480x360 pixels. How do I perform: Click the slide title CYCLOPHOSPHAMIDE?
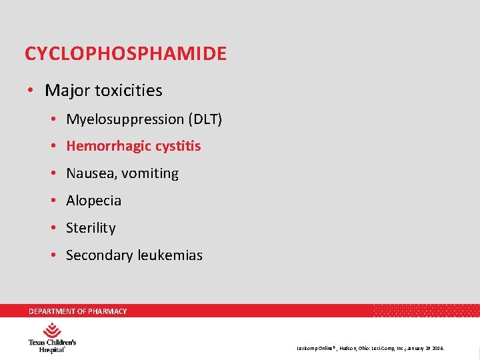pyautogui.click(x=125, y=53)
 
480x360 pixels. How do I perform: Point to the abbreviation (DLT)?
pyautogui.click(x=205, y=119)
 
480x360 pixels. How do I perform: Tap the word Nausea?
pyautogui.click(x=89, y=173)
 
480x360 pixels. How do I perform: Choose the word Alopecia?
pyautogui.click(x=93, y=201)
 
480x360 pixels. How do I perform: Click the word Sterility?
pyautogui.click(x=91, y=228)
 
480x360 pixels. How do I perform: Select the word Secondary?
pyautogui.click(x=99, y=255)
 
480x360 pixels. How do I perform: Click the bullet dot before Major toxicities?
pyautogui.click(x=31, y=90)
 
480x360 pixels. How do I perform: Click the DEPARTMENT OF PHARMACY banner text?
pyautogui.click(x=77, y=311)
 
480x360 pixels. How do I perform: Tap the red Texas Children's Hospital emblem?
pyautogui.click(x=52, y=330)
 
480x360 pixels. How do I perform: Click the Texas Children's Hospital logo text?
pyautogui.click(x=51, y=345)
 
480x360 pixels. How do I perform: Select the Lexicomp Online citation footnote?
pyautogui.click(x=371, y=348)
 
